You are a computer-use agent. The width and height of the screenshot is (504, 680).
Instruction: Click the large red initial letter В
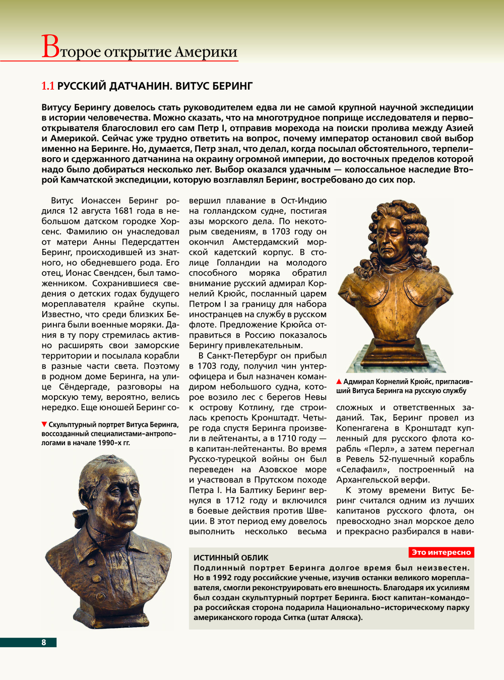click(50, 47)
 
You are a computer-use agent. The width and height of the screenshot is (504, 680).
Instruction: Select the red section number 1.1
click(47, 86)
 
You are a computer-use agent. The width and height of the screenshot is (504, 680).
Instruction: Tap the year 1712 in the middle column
click(235, 501)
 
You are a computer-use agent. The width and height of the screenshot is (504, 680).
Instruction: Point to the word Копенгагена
click(362, 428)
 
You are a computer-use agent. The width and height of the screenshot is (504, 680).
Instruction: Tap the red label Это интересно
click(441, 552)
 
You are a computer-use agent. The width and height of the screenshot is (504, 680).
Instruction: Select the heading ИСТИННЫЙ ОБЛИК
click(231, 558)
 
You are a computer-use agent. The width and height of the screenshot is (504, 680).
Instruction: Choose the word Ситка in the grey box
click(289, 617)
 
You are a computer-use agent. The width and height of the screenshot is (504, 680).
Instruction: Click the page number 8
click(44, 642)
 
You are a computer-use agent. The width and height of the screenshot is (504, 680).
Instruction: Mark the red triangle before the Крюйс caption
click(339, 382)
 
